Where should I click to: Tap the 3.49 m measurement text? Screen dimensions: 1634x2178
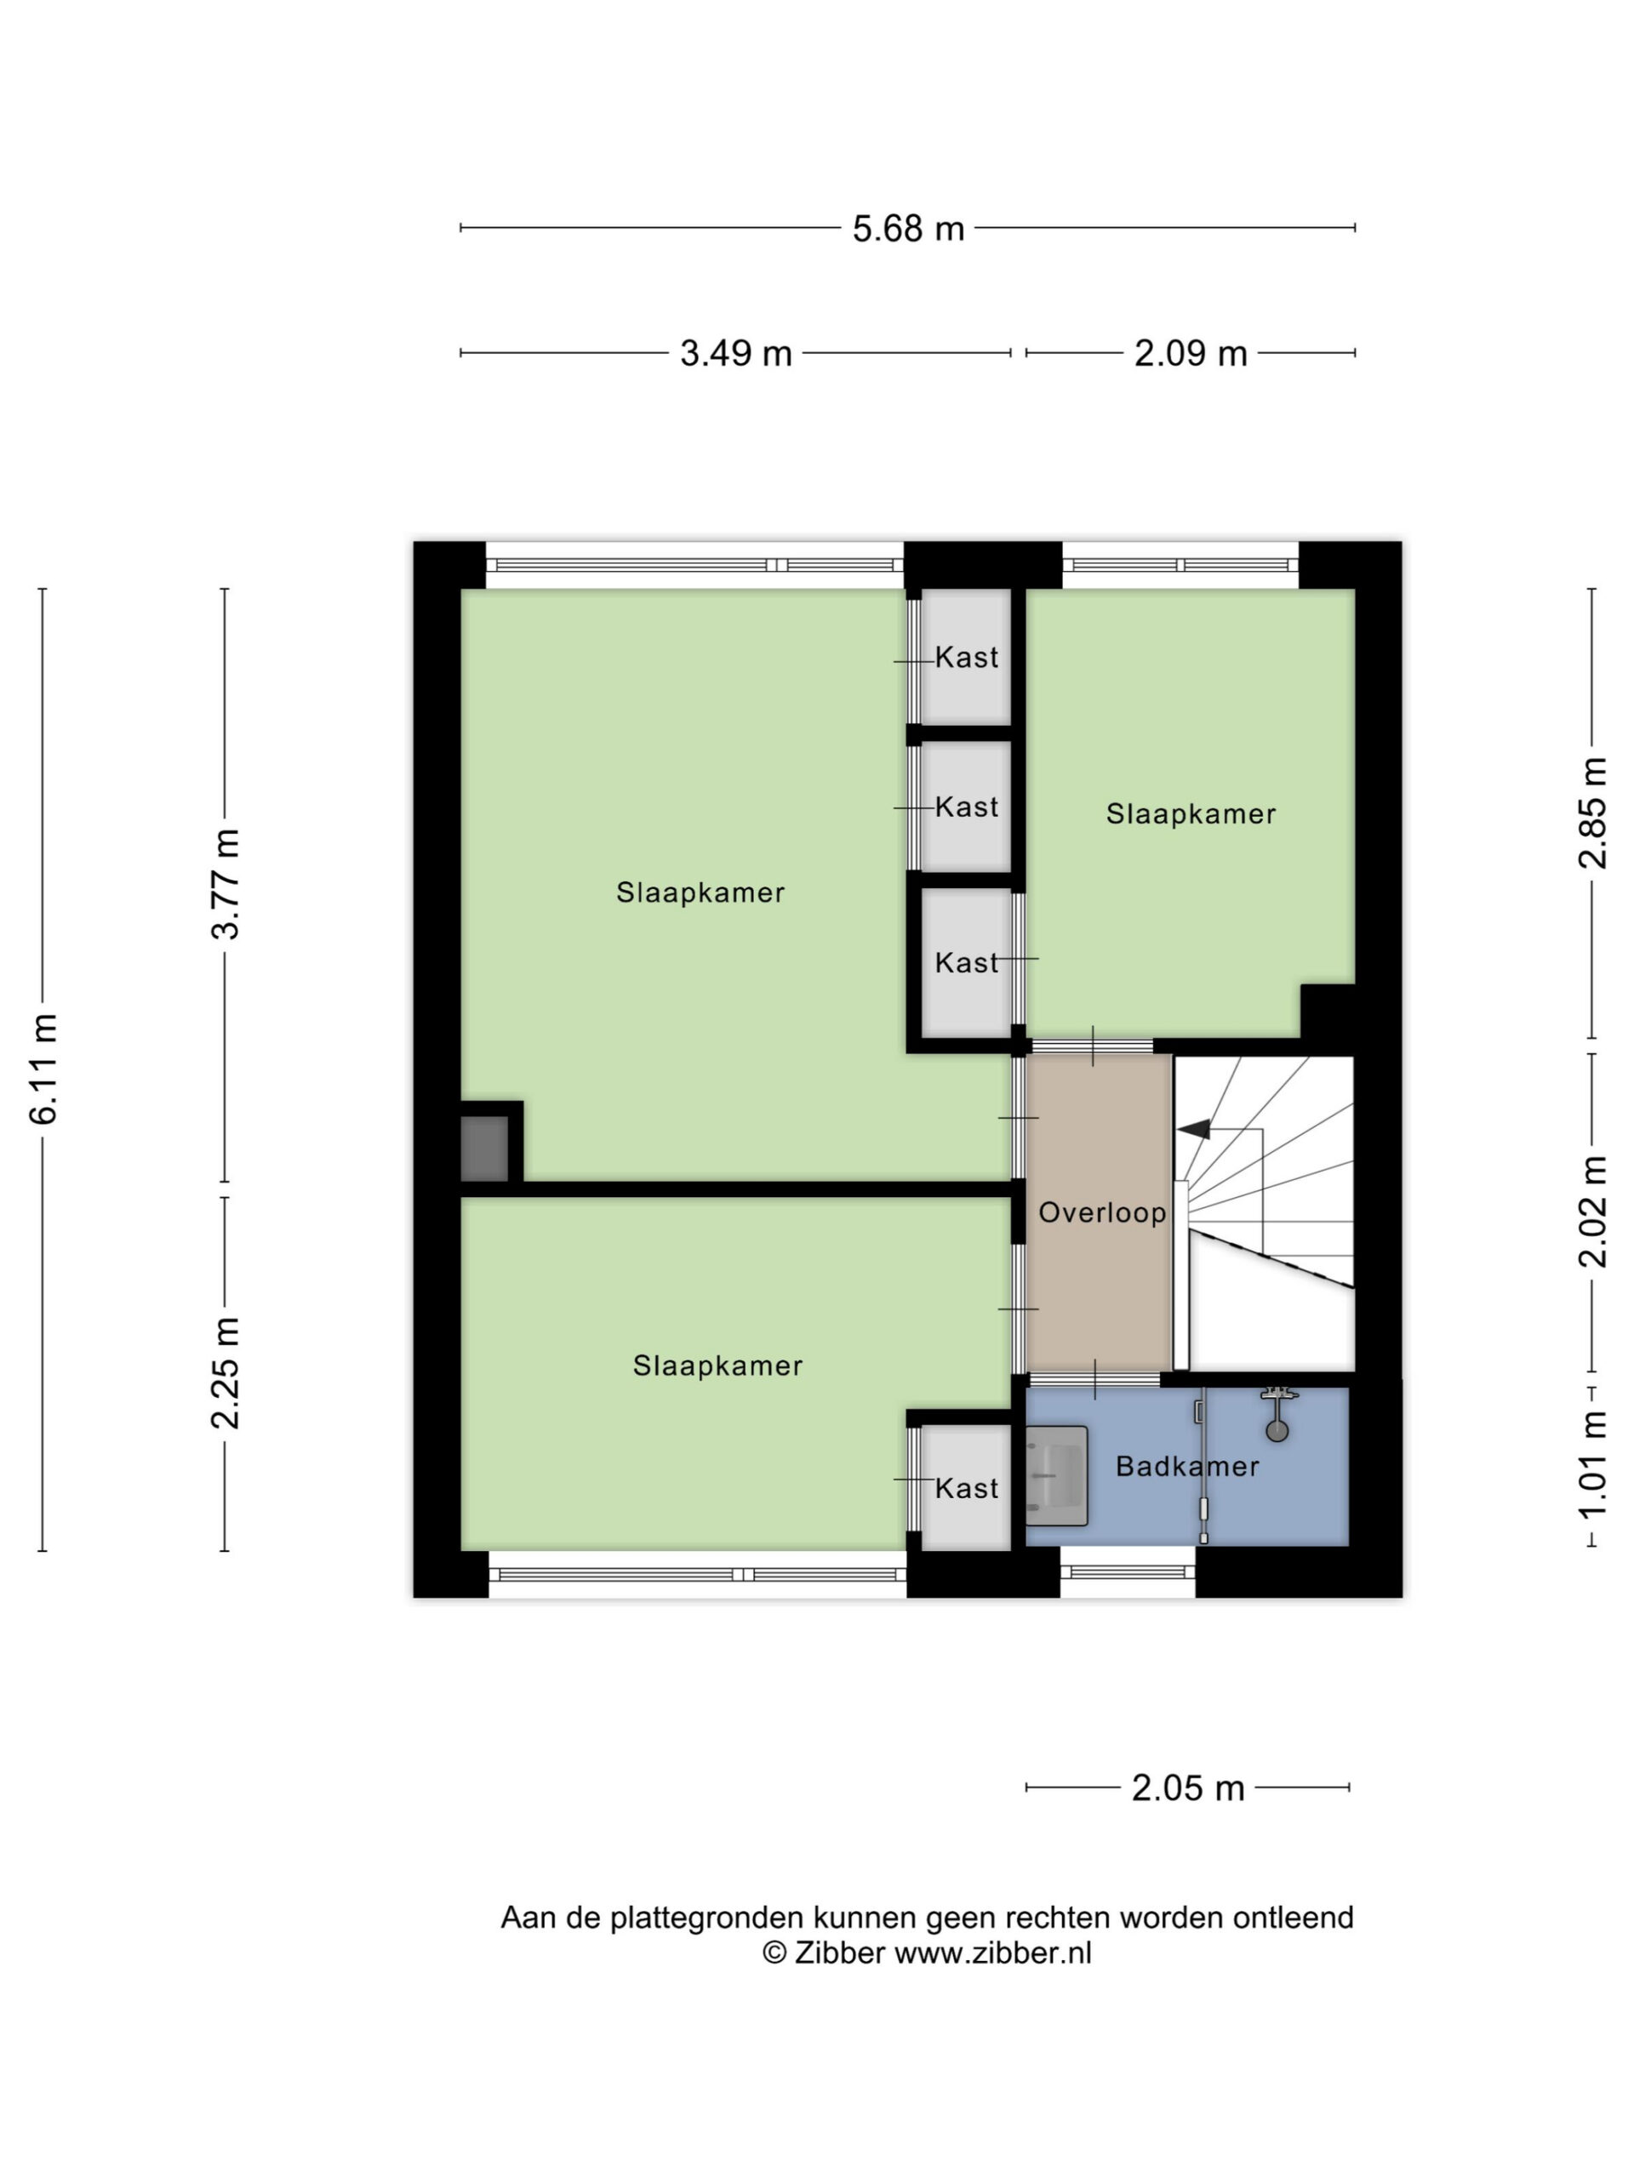pyautogui.click(x=736, y=352)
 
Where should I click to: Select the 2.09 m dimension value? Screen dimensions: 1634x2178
pyautogui.click(x=1190, y=352)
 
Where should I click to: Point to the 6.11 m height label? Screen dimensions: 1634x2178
pyautogui.click(x=43, y=1069)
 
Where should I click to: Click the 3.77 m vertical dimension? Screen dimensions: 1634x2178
pyautogui.click(x=226, y=884)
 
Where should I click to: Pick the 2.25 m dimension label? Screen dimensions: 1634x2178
pyautogui.click(x=226, y=1372)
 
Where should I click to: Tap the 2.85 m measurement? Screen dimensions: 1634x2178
pyautogui.click(x=1592, y=812)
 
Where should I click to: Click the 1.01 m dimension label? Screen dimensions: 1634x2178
pyautogui.click(x=1592, y=1464)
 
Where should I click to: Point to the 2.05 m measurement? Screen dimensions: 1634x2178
pyautogui.click(x=1188, y=1787)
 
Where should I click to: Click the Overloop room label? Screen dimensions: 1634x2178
pyautogui.click(x=1102, y=1212)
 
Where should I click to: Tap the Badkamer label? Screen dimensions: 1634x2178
pyautogui.click(x=1187, y=1466)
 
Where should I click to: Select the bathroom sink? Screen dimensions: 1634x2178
pyautogui.click(x=1056, y=1475)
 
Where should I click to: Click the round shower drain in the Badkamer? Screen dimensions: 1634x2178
pyautogui.click(x=1277, y=1429)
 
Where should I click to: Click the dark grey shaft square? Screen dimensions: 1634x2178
pyautogui.click(x=484, y=1148)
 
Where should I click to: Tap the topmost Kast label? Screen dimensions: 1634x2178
pyautogui.click(x=966, y=657)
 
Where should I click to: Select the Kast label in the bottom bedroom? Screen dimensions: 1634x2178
pyautogui.click(x=966, y=1488)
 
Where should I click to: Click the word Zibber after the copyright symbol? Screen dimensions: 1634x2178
pyautogui.click(x=840, y=1953)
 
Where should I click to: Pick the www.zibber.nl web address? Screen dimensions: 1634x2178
pyautogui.click(x=993, y=1953)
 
